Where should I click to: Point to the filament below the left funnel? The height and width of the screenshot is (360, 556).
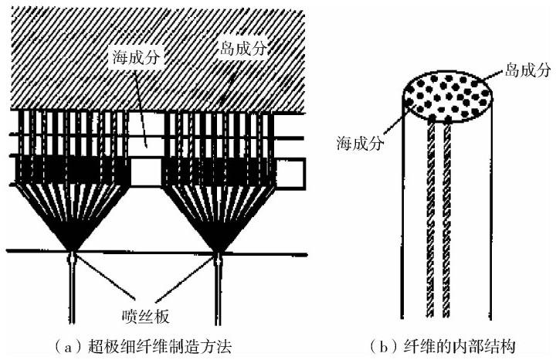72,294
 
